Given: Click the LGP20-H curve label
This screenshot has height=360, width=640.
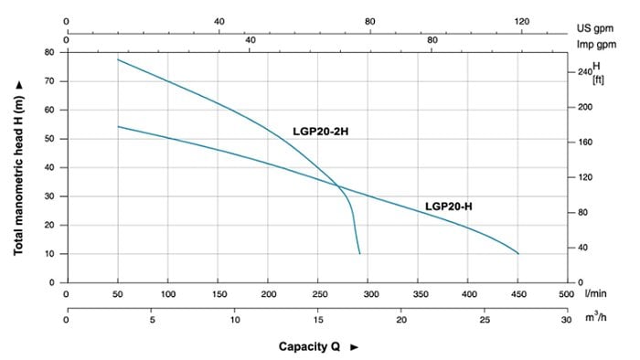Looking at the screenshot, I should (x=448, y=206).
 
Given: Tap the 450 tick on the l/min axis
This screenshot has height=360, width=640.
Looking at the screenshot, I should (x=517, y=294).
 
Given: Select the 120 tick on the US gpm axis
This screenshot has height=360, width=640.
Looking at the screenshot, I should (x=521, y=21).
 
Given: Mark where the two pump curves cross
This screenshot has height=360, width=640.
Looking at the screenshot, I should (x=339, y=187).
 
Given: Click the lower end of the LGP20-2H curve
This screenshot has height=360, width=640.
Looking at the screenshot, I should (x=359, y=253).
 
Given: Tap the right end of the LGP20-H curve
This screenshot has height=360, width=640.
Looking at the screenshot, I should (x=517, y=253).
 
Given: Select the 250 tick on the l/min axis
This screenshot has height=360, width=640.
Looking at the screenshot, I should (x=317, y=294).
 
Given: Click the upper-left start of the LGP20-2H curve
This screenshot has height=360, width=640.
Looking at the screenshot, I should (x=118, y=59).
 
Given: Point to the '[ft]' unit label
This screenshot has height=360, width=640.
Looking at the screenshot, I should (x=598, y=79).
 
